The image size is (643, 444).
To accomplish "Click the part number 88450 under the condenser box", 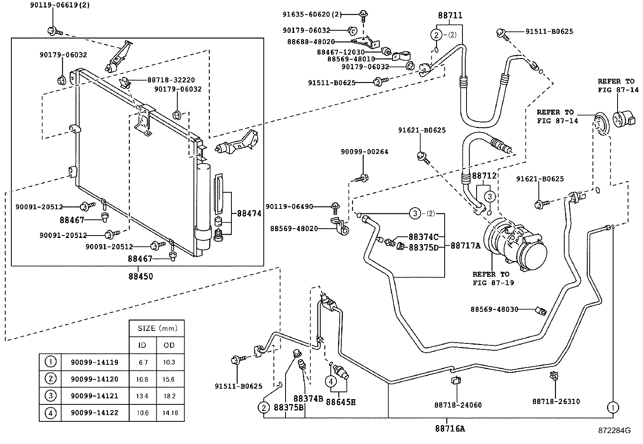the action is click(x=141, y=276).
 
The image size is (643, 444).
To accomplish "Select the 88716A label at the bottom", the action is click(x=450, y=429).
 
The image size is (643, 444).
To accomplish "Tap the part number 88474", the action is click(x=249, y=213).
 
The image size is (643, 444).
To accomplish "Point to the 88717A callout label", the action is click(x=465, y=246).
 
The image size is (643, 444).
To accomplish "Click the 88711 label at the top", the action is click(x=450, y=15).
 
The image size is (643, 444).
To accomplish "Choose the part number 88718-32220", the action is click(x=171, y=80).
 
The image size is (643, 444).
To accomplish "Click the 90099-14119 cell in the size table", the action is click(x=95, y=362).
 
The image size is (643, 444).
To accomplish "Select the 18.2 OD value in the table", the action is click(x=169, y=396).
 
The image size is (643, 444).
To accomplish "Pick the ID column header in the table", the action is click(x=143, y=345).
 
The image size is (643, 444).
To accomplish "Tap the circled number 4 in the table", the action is click(x=50, y=413).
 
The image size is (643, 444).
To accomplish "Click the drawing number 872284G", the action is click(x=615, y=431).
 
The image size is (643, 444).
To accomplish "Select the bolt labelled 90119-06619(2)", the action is click(x=55, y=31).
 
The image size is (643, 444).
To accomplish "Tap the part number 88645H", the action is click(x=341, y=402).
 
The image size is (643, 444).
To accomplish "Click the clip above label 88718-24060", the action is click(x=456, y=381).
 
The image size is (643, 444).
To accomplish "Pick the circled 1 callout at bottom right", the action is click(x=613, y=407).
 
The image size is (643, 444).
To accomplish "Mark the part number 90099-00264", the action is click(x=365, y=152).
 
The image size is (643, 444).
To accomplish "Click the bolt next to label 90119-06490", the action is click(x=335, y=208).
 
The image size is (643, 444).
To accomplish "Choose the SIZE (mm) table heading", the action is click(x=158, y=328).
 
